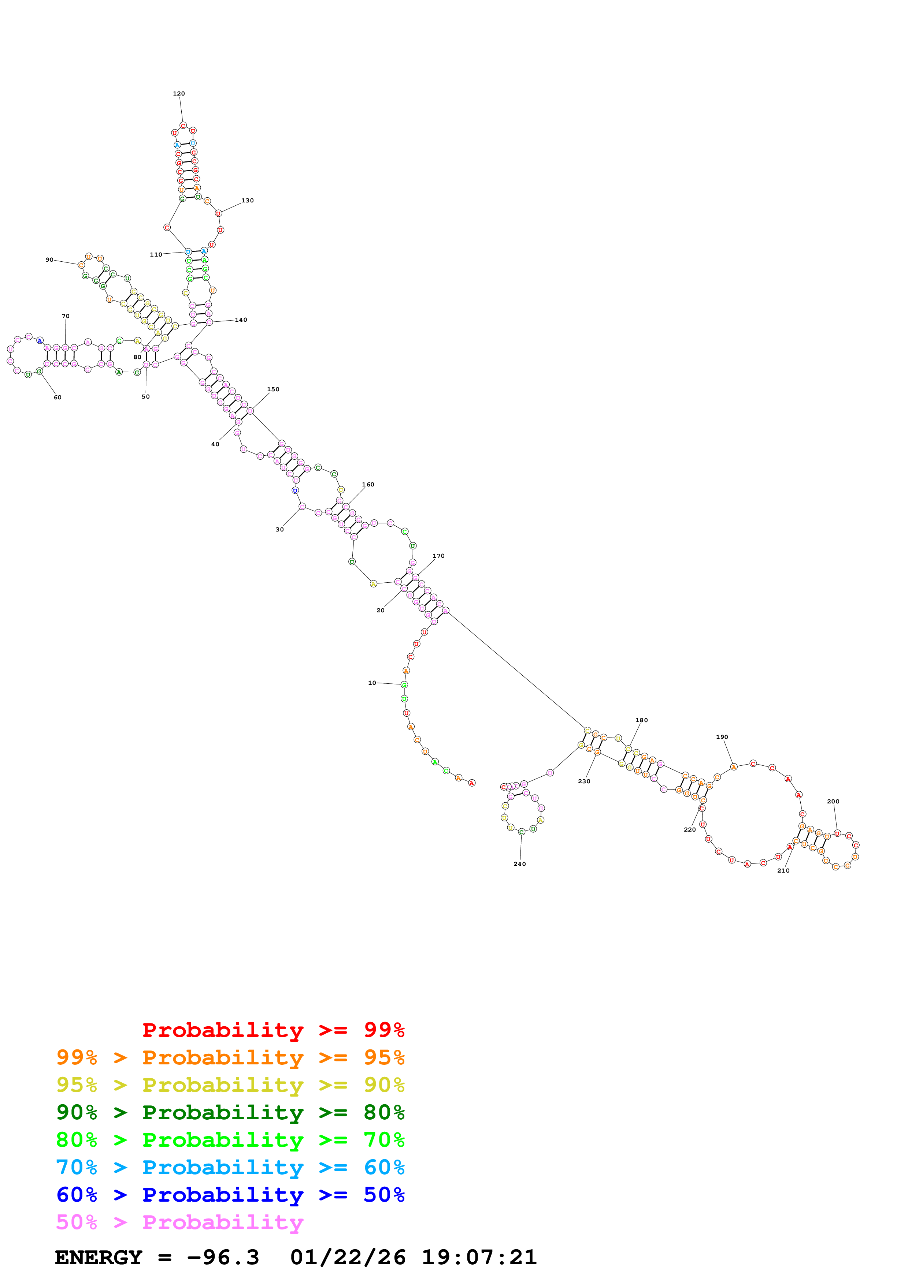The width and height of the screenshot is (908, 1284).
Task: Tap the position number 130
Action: tap(247, 200)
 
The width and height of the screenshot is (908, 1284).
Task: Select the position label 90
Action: tap(50, 260)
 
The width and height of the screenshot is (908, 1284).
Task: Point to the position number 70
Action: tap(66, 316)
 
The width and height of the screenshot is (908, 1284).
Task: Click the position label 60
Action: tap(58, 397)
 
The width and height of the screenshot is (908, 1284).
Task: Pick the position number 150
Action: tap(273, 389)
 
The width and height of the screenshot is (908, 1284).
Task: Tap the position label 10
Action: tap(372, 683)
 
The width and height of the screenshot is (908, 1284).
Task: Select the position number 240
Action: tap(520, 864)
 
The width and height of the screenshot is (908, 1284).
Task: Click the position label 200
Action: tap(833, 801)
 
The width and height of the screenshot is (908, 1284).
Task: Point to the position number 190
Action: tap(722, 737)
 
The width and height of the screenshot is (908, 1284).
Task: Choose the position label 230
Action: tap(584, 781)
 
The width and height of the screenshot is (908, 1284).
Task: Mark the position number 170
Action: tap(438, 556)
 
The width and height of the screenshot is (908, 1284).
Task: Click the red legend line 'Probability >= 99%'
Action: tap(274, 1030)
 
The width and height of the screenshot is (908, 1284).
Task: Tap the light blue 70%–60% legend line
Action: tap(230, 1167)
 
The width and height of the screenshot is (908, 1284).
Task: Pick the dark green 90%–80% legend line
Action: tap(230, 1112)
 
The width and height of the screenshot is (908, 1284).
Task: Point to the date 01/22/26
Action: tap(348, 1258)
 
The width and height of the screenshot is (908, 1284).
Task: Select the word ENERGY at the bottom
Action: tap(99, 1258)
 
